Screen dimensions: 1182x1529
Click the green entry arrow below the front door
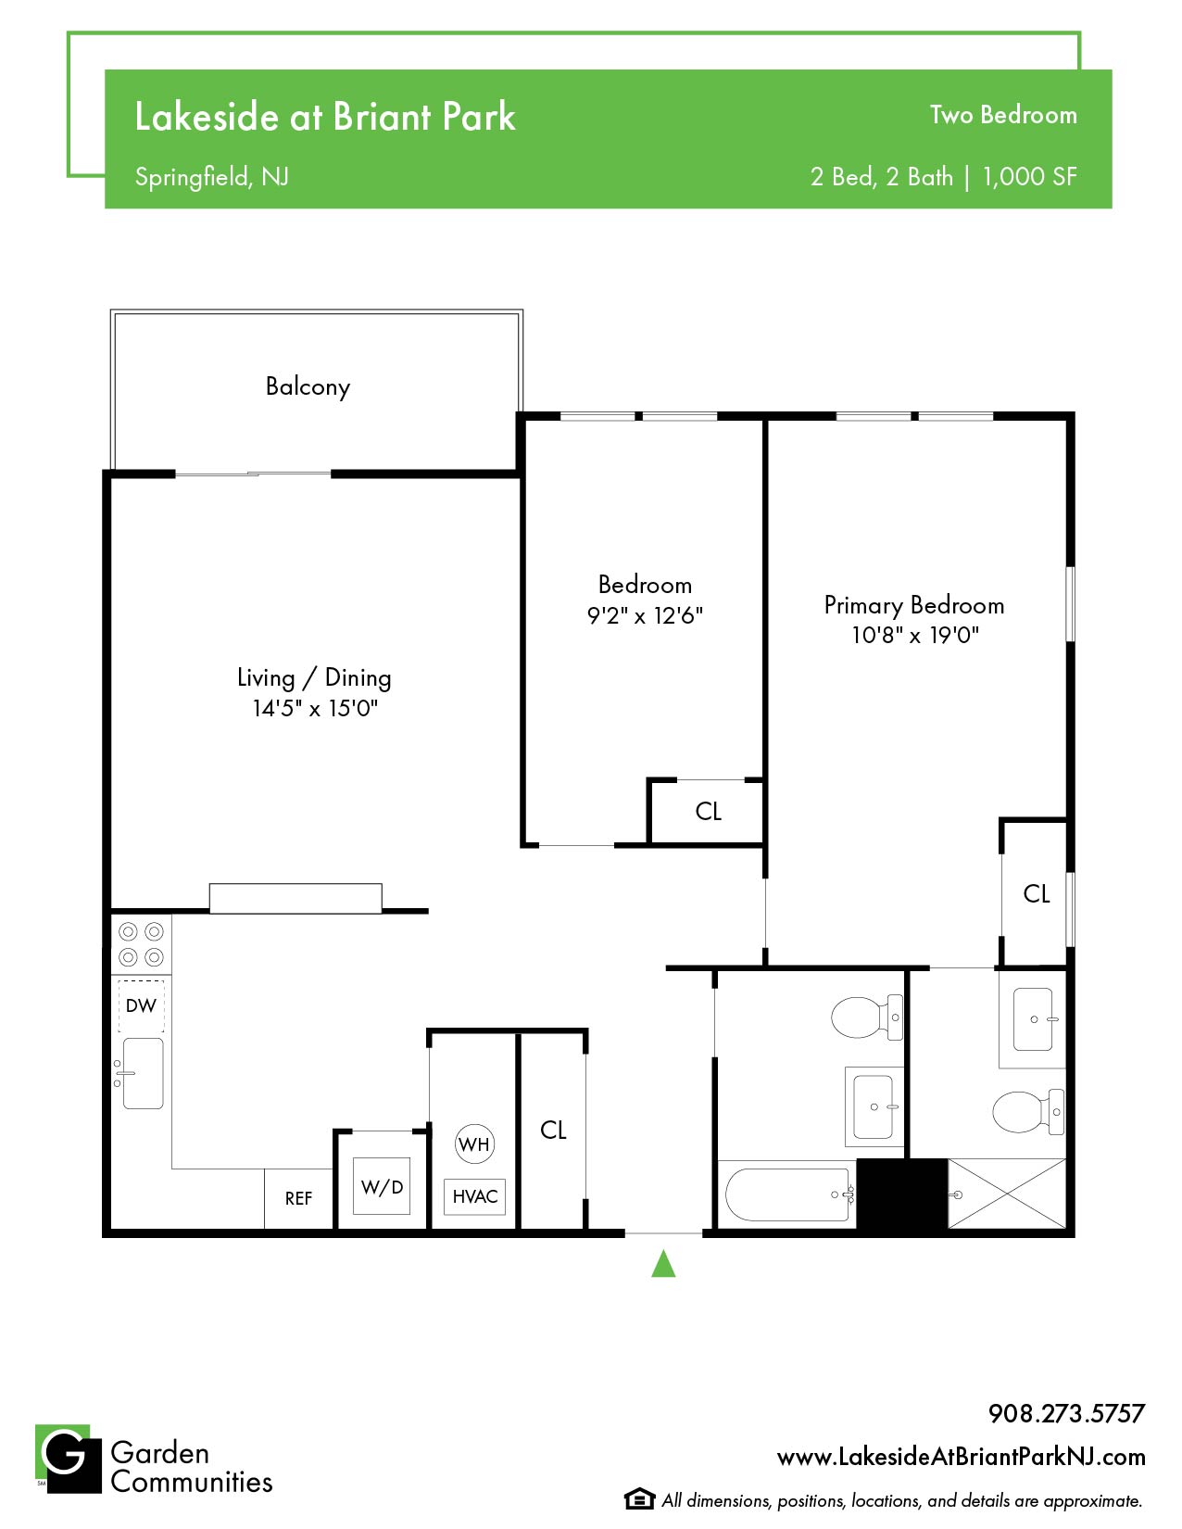(x=662, y=1263)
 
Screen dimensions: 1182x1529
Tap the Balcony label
(x=308, y=386)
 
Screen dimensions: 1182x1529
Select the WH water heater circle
(x=474, y=1144)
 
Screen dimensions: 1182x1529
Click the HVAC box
(x=474, y=1196)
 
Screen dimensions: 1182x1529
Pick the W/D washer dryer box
(x=381, y=1186)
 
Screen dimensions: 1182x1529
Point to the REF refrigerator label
(x=298, y=1198)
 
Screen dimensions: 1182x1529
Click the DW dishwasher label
(x=141, y=1005)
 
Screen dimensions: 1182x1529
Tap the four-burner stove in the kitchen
(x=142, y=944)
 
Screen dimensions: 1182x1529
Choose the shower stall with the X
(x=1006, y=1194)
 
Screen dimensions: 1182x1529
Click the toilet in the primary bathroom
(x=1027, y=1112)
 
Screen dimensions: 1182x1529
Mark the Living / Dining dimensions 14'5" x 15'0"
(x=315, y=708)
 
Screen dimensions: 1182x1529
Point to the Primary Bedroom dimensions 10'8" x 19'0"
(x=914, y=636)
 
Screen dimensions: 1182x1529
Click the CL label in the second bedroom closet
(x=708, y=811)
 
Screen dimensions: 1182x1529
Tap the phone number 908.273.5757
(x=1066, y=1413)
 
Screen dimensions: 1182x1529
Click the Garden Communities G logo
(x=69, y=1458)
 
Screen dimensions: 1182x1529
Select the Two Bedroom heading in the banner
(x=1002, y=115)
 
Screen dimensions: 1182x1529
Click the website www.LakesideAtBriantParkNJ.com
(x=961, y=1457)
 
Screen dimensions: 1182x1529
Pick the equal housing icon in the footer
(x=637, y=1499)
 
